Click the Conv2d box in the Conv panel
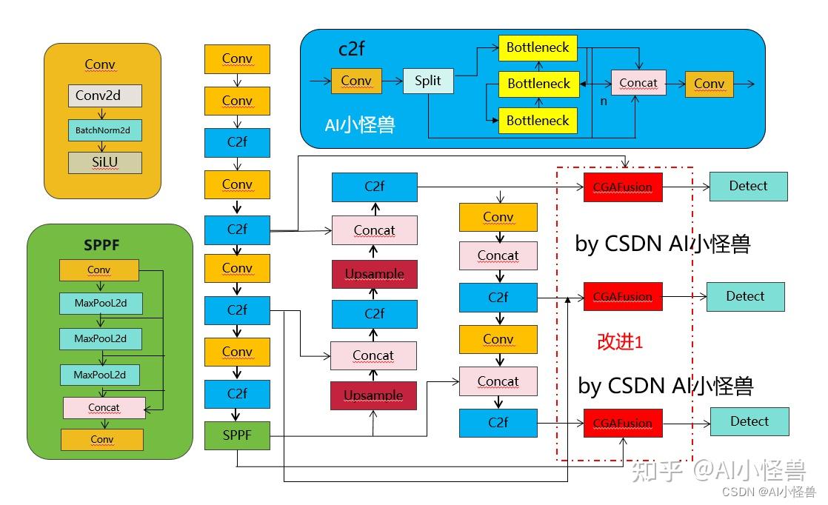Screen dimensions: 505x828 (x=104, y=96)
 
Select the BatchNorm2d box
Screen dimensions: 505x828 (x=104, y=130)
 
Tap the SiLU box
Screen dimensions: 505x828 (x=104, y=162)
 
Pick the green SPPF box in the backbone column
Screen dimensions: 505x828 (x=237, y=435)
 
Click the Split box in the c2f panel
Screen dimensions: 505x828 (x=427, y=81)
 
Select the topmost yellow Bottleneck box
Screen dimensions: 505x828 (x=538, y=47)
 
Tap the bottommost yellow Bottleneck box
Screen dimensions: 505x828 (x=538, y=121)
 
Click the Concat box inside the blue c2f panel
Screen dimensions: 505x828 (x=638, y=83)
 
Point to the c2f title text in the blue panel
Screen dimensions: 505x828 (x=353, y=50)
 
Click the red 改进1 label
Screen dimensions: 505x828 (x=620, y=342)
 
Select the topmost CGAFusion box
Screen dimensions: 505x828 (x=622, y=187)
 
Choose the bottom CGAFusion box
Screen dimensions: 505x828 (x=622, y=423)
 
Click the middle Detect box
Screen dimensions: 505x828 (x=745, y=296)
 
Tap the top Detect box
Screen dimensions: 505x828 (x=748, y=186)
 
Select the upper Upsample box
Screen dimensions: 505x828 (x=374, y=274)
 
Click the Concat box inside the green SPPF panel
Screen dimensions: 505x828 (x=104, y=407)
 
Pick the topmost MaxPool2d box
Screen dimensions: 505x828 (x=100, y=303)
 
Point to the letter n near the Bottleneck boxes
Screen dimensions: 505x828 (x=604, y=101)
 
